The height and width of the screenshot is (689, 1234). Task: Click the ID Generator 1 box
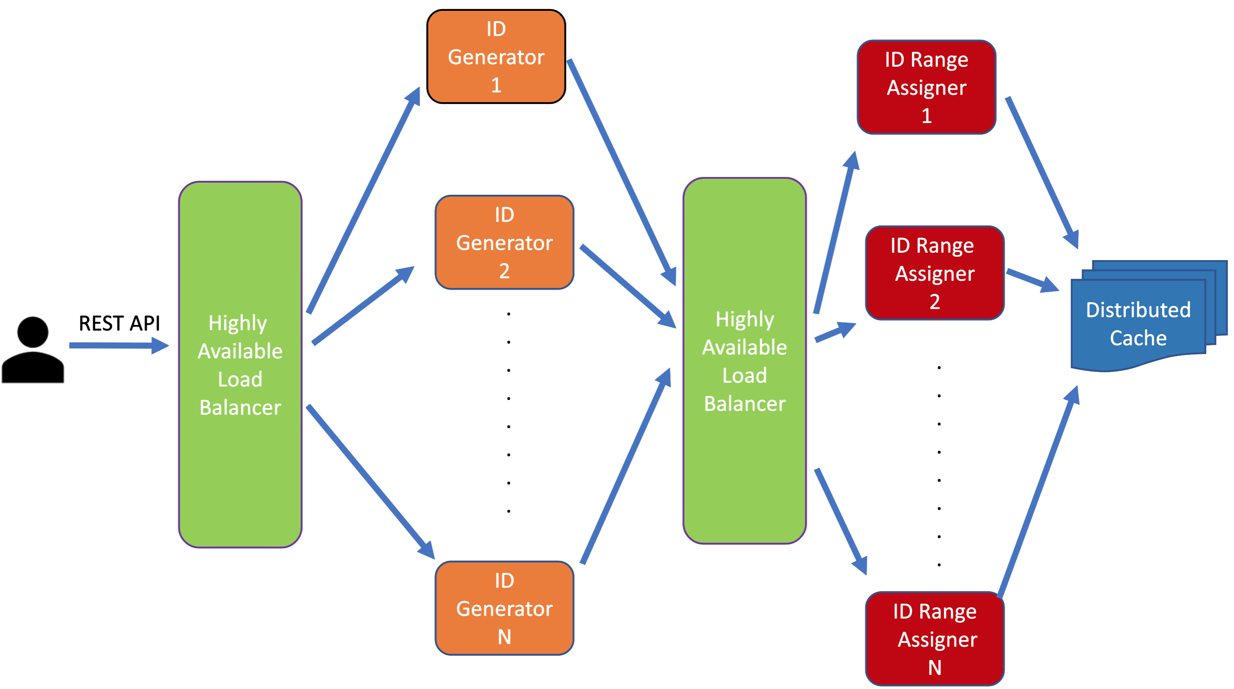click(x=496, y=57)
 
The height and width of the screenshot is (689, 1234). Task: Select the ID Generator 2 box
click(x=504, y=242)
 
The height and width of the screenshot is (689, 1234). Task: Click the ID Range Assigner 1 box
click(x=926, y=87)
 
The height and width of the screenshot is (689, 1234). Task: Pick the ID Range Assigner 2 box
click(x=934, y=273)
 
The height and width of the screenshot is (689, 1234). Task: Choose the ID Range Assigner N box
click(x=934, y=638)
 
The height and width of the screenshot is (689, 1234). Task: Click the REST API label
click(x=119, y=323)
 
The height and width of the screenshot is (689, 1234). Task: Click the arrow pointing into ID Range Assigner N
click(x=841, y=520)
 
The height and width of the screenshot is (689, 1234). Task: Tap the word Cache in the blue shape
click(x=1138, y=338)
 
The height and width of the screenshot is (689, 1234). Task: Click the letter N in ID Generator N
click(x=504, y=637)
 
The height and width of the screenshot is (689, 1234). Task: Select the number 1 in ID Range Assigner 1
click(x=926, y=116)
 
